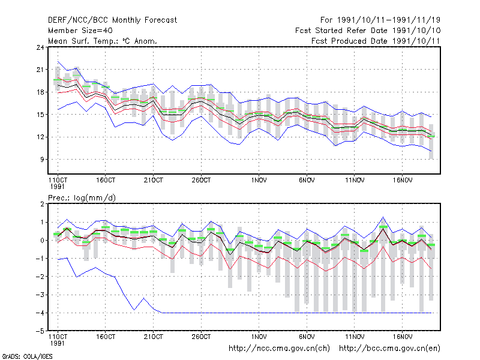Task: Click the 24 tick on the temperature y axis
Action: [x=40, y=47]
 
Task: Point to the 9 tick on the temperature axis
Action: [x=42, y=160]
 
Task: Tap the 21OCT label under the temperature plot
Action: [x=154, y=180]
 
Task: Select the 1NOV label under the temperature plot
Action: [x=259, y=180]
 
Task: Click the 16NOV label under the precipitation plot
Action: [x=403, y=337]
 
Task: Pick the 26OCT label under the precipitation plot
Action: [x=201, y=337]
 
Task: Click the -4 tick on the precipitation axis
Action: [x=40, y=313]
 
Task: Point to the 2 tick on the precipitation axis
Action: [x=42, y=204]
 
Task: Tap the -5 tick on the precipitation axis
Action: [x=40, y=331]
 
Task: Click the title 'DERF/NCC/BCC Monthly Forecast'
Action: [x=112, y=20]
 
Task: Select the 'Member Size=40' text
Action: [x=80, y=31]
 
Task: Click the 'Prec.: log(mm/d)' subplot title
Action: [x=82, y=198]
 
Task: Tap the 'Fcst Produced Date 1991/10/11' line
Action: [x=376, y=41]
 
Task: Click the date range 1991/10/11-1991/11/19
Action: [x=389, y=20]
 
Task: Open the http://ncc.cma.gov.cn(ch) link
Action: [x=279, y=349]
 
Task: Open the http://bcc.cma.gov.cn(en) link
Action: [x=389, y=349]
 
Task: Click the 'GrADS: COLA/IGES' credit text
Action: [x=27, y=356]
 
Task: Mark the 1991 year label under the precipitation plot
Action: [x=57, y=343]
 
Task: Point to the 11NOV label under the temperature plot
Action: [x=355, y=180]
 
